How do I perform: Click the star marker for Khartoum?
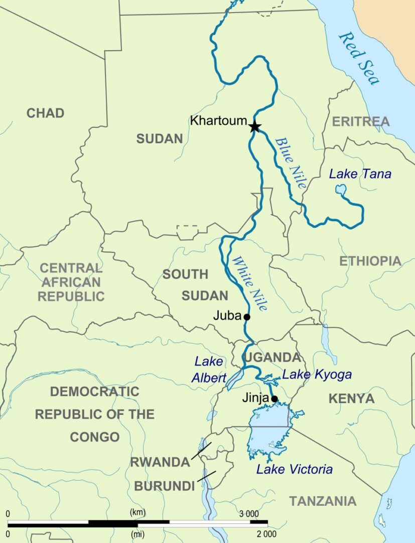click(254, 126)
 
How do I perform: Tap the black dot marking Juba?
click(246, 317)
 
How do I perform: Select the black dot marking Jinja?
click(274, 399)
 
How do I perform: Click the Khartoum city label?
click(218, 121)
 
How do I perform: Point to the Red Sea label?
click(359, 58)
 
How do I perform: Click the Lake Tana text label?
click(360, 174)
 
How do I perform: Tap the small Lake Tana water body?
click(341, 191)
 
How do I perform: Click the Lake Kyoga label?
click(317, 375)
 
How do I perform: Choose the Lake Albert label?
click(209, 370)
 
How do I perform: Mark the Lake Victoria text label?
click(294, 470)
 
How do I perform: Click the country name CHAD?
click(45, 113)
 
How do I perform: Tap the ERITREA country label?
click(360, 121)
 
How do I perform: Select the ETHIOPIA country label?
click(370, 261)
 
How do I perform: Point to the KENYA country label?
click(351, 399)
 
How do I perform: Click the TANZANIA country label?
click(323, 501)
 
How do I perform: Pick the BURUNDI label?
click(164, 486)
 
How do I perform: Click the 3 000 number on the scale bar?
click(248, 513)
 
